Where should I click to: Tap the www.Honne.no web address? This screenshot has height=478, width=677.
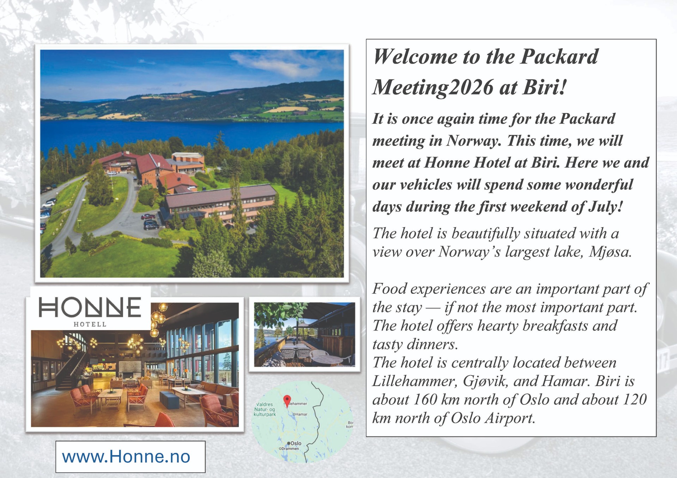point(126,457)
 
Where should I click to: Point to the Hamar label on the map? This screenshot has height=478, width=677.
point(301,414)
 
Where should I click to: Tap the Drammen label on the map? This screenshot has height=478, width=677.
point(289,449)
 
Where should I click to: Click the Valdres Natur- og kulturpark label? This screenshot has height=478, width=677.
point(265,409)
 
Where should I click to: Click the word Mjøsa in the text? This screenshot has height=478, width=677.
point(610,252)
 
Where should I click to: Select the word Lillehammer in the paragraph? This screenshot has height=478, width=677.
point(414,381)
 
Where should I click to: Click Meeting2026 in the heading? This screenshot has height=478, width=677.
point(433,87)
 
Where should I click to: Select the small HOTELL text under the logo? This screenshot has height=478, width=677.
point(90,324)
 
